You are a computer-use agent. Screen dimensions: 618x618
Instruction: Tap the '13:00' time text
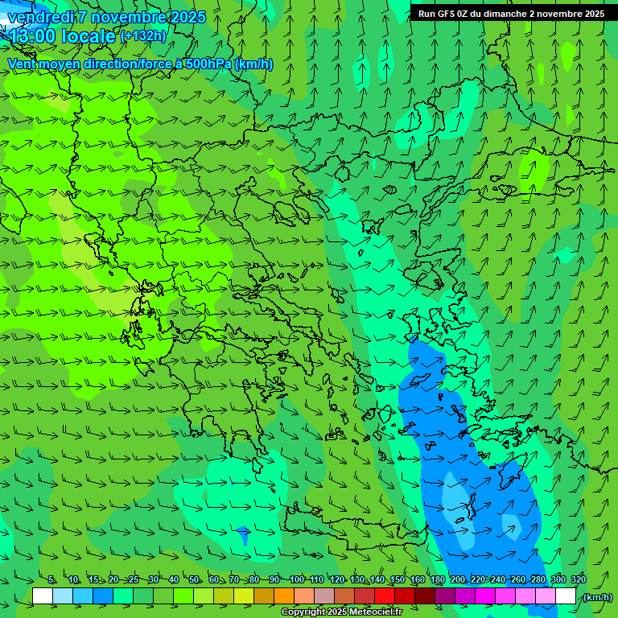(x=31, y=36)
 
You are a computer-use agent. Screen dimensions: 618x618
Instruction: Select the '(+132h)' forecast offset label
(x=142, y=35)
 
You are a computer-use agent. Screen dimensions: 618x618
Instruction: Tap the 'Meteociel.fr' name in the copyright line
(x=370, y=612)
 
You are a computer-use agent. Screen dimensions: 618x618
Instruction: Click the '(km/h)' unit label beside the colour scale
(x=598, y=596)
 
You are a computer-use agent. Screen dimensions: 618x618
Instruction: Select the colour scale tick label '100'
(x=297, y=580)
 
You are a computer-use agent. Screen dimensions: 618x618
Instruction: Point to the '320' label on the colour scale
(x=578, y=580)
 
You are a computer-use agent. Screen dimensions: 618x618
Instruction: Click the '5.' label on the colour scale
(x=51, y=580)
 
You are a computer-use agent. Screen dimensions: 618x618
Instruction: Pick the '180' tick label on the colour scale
(x=437, y=580)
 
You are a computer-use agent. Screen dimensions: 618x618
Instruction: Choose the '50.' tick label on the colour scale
(x=194, y=580)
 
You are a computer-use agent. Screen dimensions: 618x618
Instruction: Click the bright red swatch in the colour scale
(x=385, y=596)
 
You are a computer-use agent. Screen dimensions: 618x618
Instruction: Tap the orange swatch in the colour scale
(x=284, y=596)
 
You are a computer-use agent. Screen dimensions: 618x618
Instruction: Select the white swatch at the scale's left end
(x=43, y=596)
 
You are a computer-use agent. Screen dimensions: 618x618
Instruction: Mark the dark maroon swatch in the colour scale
(x=425, y=596)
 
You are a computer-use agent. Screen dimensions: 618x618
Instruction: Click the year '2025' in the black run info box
(x=593, y=14)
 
